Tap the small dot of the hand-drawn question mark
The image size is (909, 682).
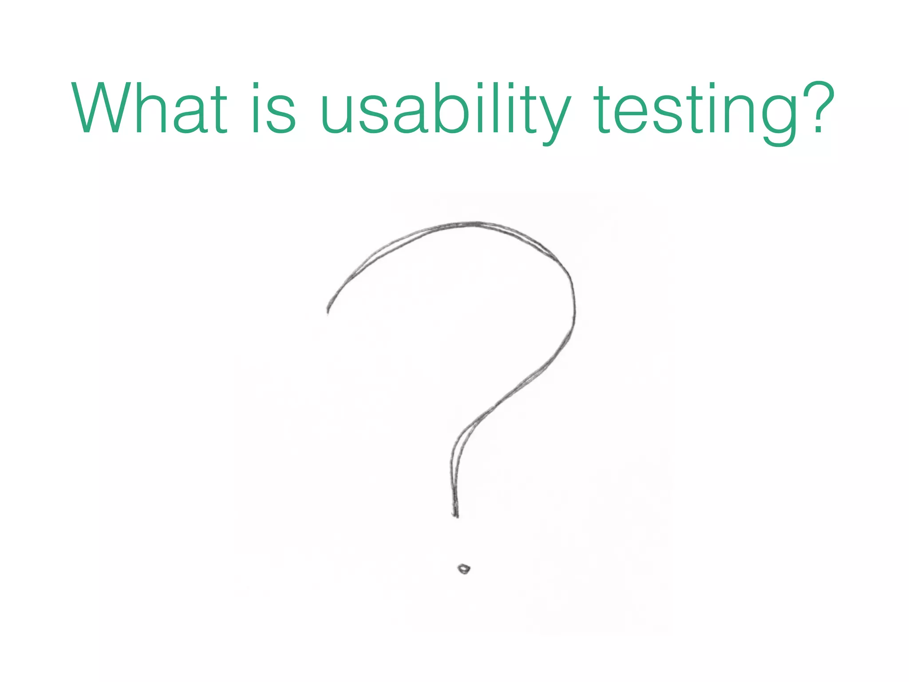point(464,568)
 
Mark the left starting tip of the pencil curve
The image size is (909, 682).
point(328,312)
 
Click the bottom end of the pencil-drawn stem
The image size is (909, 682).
point(455,515)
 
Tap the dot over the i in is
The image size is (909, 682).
point(256,85)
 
